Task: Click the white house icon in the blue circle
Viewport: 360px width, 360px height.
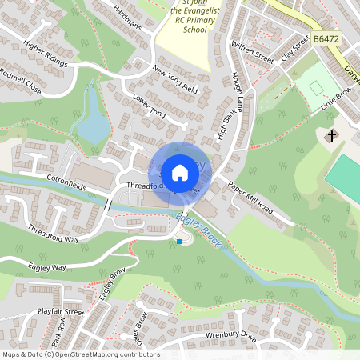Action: tap(179, 172)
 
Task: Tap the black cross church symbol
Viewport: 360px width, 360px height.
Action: tap(331, 136)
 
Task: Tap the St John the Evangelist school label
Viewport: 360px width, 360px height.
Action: tap(189, 16)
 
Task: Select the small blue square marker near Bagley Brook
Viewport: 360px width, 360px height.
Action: tap(179, 241)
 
